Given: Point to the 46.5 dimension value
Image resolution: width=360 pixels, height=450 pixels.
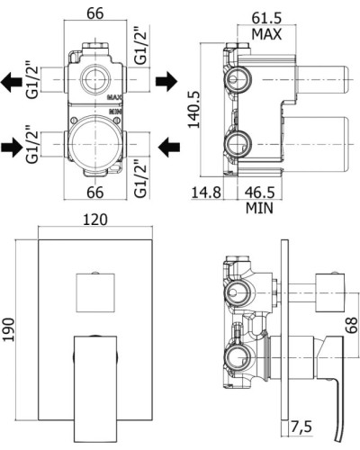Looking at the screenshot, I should point(260,193).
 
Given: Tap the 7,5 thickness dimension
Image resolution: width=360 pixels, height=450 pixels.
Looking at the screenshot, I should point(302,425).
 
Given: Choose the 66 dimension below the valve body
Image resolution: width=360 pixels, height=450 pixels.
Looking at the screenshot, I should point(94,193).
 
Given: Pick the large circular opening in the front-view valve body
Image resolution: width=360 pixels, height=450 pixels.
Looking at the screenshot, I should point(94,142).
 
